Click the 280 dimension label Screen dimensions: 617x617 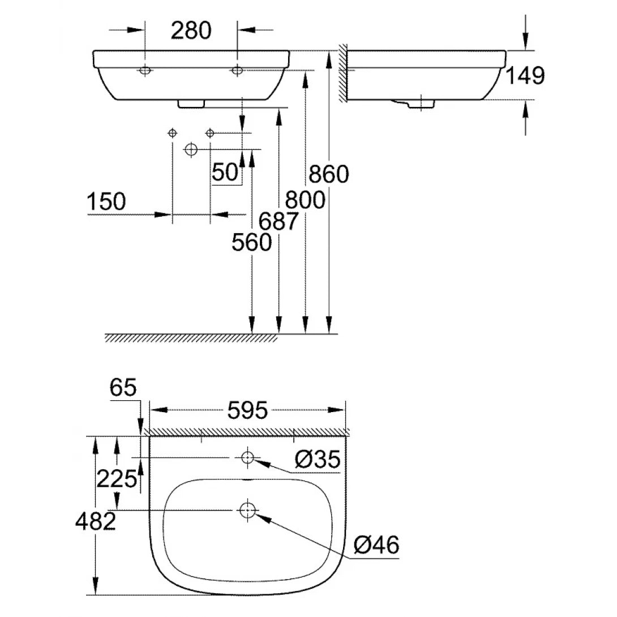[191, 30]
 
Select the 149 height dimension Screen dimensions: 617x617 [525, 75]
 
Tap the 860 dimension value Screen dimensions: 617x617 [328, 174]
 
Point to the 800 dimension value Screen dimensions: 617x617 [305, 200]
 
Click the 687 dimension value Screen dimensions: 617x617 [278, 221]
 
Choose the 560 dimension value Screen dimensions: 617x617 [251, 243]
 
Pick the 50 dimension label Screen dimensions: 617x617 [225, 172]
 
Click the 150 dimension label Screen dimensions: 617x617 [106, 202]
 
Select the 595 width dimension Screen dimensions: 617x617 [248, 410]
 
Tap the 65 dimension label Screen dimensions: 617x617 [123, 388]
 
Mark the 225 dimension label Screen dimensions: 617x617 [117, 479]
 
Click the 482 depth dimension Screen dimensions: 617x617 [95, 521]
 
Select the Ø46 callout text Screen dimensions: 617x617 [376, 545]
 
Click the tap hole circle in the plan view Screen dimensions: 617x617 [247, 457]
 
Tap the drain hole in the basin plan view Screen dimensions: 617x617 [247, 510]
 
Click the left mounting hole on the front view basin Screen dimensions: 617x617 [145, 70]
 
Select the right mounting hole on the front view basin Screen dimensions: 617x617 [237, 70]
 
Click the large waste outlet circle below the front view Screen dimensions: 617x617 [191, 149]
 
